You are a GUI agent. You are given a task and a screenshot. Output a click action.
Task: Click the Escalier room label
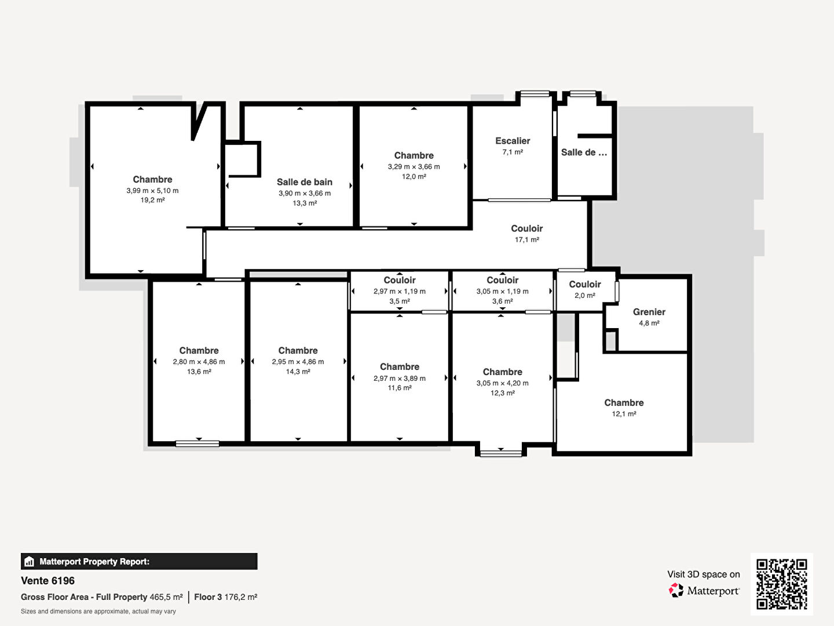pyautogui.click(x=513, y=141)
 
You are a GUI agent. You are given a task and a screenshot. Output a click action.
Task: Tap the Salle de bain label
pyautogui.click(x=304, y=182)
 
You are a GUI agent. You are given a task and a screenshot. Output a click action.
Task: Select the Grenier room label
pyautogui.click(x=649, y=312)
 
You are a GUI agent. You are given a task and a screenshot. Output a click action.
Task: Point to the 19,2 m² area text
pyautogui.click(x=152, y=200)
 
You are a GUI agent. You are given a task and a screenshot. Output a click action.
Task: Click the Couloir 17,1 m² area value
pyautogui.click(x=526, y=239)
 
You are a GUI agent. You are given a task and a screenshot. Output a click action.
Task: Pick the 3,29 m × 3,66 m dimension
pyautogui.click(x=414, y=166)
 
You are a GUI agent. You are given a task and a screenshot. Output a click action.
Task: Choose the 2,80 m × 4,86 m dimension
pyautogui.click(x=199, y=362)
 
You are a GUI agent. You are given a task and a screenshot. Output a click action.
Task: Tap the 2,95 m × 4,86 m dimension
pyautogui.click(x=298, y=362)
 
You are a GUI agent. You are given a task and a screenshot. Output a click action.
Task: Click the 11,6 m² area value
pyautogui.click(x=399, y=388)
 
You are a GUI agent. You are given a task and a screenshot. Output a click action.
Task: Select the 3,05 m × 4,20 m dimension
pyautogui.click(x=502, y=383)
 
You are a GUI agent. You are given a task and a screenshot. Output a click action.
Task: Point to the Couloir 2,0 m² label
pyautogui.click(x=585, y=284)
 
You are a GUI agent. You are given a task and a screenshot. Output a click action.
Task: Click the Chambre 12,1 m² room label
pyautogui.click(x=624, y=402)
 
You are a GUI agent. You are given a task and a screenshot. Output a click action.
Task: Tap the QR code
pyautogui.click(x=781, y=584)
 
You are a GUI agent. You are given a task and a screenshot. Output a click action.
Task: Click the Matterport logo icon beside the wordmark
pyautogui.click(x=675, y=590)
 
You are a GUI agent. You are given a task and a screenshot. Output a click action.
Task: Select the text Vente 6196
pyautogui.click(x=48, y=581)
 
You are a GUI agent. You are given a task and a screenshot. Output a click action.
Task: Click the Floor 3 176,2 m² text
pyautogui.click(x=226, y=597)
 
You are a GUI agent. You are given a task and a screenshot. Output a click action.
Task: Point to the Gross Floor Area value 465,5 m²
pyautogui.click(x=166, y=597)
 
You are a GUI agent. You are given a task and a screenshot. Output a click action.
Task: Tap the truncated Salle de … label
pyautogui.click(x=584, y=152)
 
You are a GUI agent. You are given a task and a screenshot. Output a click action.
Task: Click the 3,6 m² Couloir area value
pyautogui.click(x=502, y=301)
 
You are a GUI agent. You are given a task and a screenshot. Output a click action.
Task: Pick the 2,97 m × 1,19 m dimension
pyautogui.click(x=399, y=292)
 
